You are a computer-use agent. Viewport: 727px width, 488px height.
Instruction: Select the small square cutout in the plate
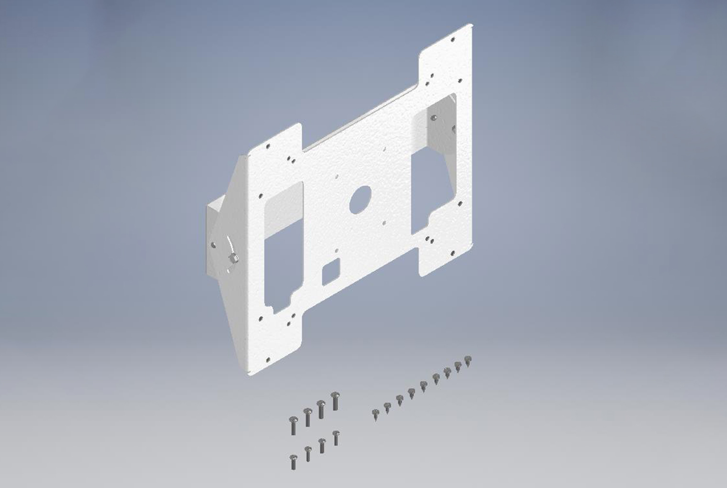330,270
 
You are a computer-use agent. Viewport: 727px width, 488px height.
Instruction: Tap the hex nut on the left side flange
234,258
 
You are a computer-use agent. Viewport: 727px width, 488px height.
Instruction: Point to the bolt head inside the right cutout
434,117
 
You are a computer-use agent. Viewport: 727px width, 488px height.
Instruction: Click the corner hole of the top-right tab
452,41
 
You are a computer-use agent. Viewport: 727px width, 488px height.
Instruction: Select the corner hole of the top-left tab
268,146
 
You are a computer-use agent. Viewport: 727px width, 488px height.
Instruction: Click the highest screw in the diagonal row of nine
468,359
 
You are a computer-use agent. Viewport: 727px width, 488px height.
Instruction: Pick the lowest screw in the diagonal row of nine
376,414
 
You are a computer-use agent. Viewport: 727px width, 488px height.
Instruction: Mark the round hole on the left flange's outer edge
214,245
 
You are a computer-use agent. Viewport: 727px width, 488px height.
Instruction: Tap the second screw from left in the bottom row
308,452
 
